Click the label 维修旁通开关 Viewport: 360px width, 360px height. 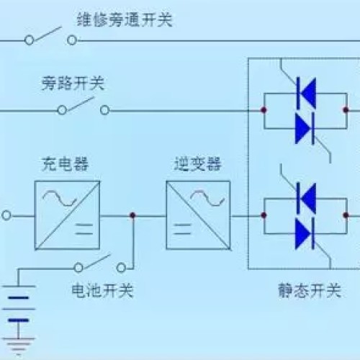[x=125, y=19]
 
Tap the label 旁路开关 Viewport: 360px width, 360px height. [x=73, y=84]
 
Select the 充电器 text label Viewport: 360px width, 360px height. [x=65, y=164]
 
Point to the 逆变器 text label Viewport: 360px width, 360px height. [x=197, y=164]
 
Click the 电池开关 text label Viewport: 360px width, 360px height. [x=102, y=290]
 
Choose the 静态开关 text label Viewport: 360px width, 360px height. [x=310, y=290]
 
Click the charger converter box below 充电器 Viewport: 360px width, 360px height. [x=67, y=215]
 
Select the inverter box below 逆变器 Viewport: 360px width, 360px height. [x=198, y=215]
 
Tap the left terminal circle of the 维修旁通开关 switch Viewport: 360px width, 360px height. [x=30, y=40]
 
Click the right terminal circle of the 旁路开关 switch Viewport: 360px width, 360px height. [x=104, y=110]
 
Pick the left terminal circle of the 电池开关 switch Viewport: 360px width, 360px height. [x=78, y=268]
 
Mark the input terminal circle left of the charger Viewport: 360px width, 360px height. [x=6, y=215]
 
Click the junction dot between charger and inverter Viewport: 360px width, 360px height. [x=132, y=215]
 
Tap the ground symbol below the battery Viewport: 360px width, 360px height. [x=19, y=346]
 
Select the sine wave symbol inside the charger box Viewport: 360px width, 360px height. [x=59, y=198]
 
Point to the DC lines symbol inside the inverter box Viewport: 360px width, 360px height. [x=182, y=229]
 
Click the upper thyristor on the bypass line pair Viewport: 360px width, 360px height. [x=306, y=93]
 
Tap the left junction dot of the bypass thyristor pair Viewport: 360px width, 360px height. [x=264, y=110]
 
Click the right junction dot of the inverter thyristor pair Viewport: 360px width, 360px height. [x=346, y=215]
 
